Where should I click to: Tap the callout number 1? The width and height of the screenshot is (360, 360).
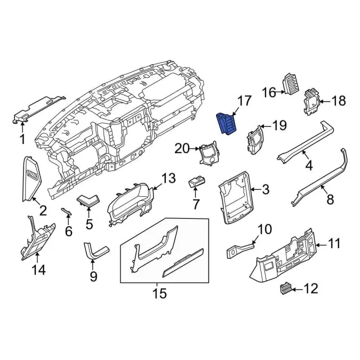(x=22, y=138)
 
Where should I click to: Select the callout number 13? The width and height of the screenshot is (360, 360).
(x=169, y=179)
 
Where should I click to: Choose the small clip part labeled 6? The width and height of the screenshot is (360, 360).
(x=66, y=211)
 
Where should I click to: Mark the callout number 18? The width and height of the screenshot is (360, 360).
(x=338, y=101)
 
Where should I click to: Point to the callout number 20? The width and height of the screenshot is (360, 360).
(x=182, y=148)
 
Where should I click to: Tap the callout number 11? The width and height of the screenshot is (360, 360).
(x=335, y=244)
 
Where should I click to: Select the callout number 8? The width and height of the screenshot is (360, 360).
(x=330, y=200)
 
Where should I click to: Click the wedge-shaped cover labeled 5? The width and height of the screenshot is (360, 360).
(x=88, y=199)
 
